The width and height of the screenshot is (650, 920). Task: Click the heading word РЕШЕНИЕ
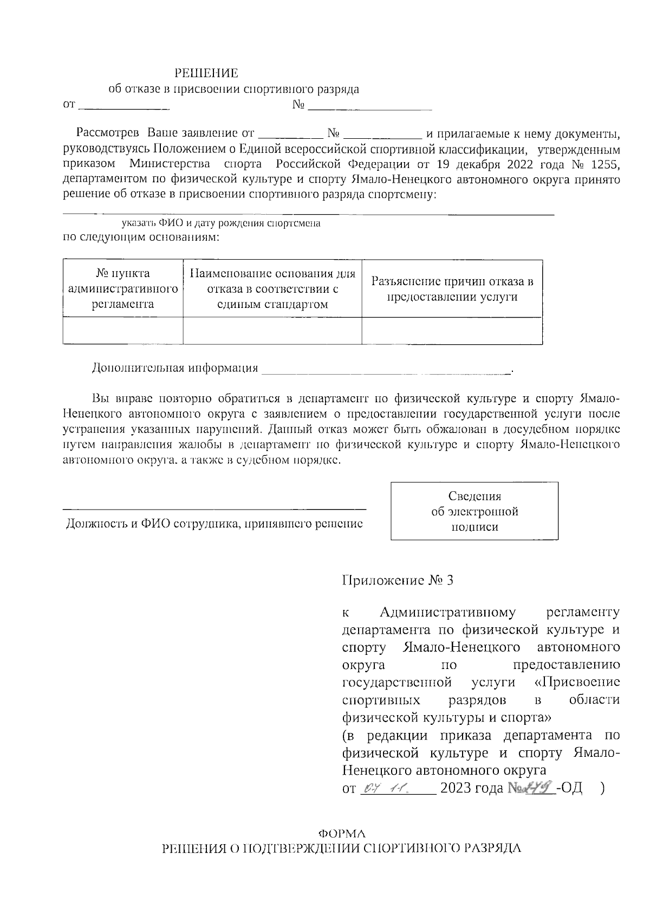206,73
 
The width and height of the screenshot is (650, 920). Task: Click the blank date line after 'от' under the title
125,106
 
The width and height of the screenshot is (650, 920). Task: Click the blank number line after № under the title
369,106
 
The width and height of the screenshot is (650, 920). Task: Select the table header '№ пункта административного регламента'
123,288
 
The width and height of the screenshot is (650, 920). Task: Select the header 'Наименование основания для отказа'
272,288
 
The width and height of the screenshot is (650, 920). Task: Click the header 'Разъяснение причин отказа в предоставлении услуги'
452,289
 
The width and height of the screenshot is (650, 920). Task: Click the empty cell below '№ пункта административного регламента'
123,331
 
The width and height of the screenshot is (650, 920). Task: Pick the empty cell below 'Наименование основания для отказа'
272,331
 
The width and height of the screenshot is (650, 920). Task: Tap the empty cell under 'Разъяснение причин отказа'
452,331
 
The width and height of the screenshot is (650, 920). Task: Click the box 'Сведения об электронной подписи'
474,511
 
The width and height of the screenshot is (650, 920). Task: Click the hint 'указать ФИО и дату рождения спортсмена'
221,223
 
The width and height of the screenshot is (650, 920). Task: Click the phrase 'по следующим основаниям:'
141,237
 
